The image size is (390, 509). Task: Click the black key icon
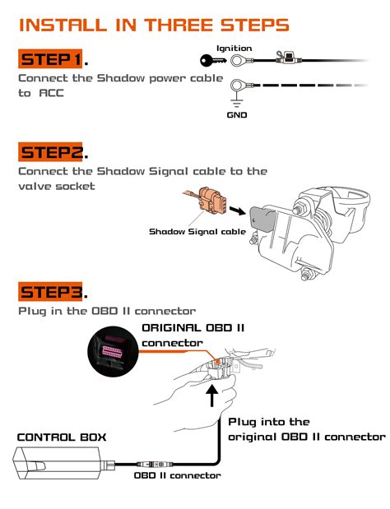[213, 60]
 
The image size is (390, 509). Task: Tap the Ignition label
[234, 49]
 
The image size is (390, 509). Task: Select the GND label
[237, 115]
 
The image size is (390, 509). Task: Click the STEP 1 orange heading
[50, 59]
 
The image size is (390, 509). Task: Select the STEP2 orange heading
[50, 152]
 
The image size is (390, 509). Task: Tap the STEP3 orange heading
[50, 292]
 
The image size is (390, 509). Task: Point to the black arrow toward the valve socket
[238, 211]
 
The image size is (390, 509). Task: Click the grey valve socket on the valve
[262, 219]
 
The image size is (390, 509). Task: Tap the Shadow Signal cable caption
[197, 232]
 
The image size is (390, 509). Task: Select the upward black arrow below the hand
[212, 395]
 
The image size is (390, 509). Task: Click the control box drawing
[63, 463]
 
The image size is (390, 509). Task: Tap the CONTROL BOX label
[62, 437]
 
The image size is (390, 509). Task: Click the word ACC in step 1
[51, 93]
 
